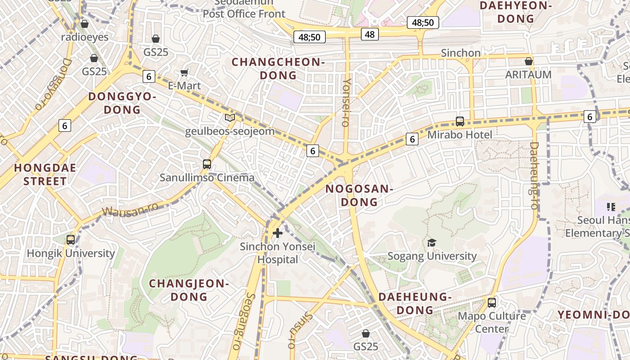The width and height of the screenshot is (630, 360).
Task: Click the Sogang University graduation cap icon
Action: [432, 243]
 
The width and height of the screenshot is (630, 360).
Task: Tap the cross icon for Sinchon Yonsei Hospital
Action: [278, 233]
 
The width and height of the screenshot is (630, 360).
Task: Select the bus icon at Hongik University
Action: [71, 239]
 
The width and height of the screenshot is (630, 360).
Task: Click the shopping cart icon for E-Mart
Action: [184, 72]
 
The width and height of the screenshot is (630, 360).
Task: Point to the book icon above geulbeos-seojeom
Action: [230, 118]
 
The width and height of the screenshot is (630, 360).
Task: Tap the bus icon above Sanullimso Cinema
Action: [207, 164]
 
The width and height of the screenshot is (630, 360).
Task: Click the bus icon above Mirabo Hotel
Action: [459, 121]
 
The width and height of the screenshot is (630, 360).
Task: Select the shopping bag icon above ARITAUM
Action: [529, 61]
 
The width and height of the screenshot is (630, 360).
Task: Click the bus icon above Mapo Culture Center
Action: [492, 302]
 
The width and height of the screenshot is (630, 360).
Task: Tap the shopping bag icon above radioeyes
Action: [85, 24]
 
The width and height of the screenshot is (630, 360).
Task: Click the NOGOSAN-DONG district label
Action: [359, 195]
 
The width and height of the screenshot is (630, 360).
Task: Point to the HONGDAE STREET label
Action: [45, 175]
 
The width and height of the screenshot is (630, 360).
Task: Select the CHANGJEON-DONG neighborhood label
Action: [189, 290]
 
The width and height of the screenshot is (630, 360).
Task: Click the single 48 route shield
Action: [369, 34]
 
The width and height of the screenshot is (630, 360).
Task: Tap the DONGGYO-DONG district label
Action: [122, 103]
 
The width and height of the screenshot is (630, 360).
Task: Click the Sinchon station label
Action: [461, 53]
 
